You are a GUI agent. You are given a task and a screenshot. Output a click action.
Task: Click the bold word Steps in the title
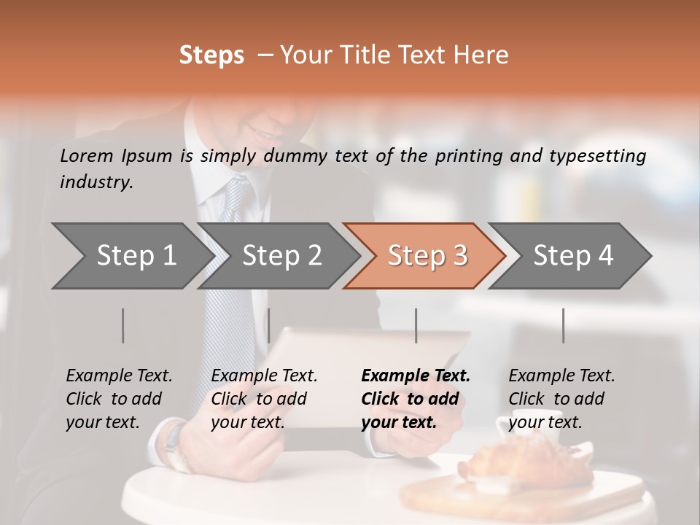pos(211,55)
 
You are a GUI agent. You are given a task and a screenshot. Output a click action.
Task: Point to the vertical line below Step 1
pos(123,325)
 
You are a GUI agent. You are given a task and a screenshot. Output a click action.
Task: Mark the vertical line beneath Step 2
pos(269,325)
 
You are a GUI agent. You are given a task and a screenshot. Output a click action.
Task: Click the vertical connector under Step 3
pos(416,325)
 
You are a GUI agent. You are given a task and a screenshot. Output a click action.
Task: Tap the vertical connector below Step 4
pos(563,325)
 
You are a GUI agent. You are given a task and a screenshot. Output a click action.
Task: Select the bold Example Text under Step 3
pos(416,399)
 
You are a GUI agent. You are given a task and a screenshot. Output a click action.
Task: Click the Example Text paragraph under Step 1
pos(119,399)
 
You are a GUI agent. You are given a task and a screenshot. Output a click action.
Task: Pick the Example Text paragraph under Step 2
pos(264,399)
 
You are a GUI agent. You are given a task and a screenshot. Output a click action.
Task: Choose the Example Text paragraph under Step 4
pos(561,399)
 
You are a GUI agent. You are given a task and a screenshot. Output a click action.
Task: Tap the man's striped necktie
pos(230,292)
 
